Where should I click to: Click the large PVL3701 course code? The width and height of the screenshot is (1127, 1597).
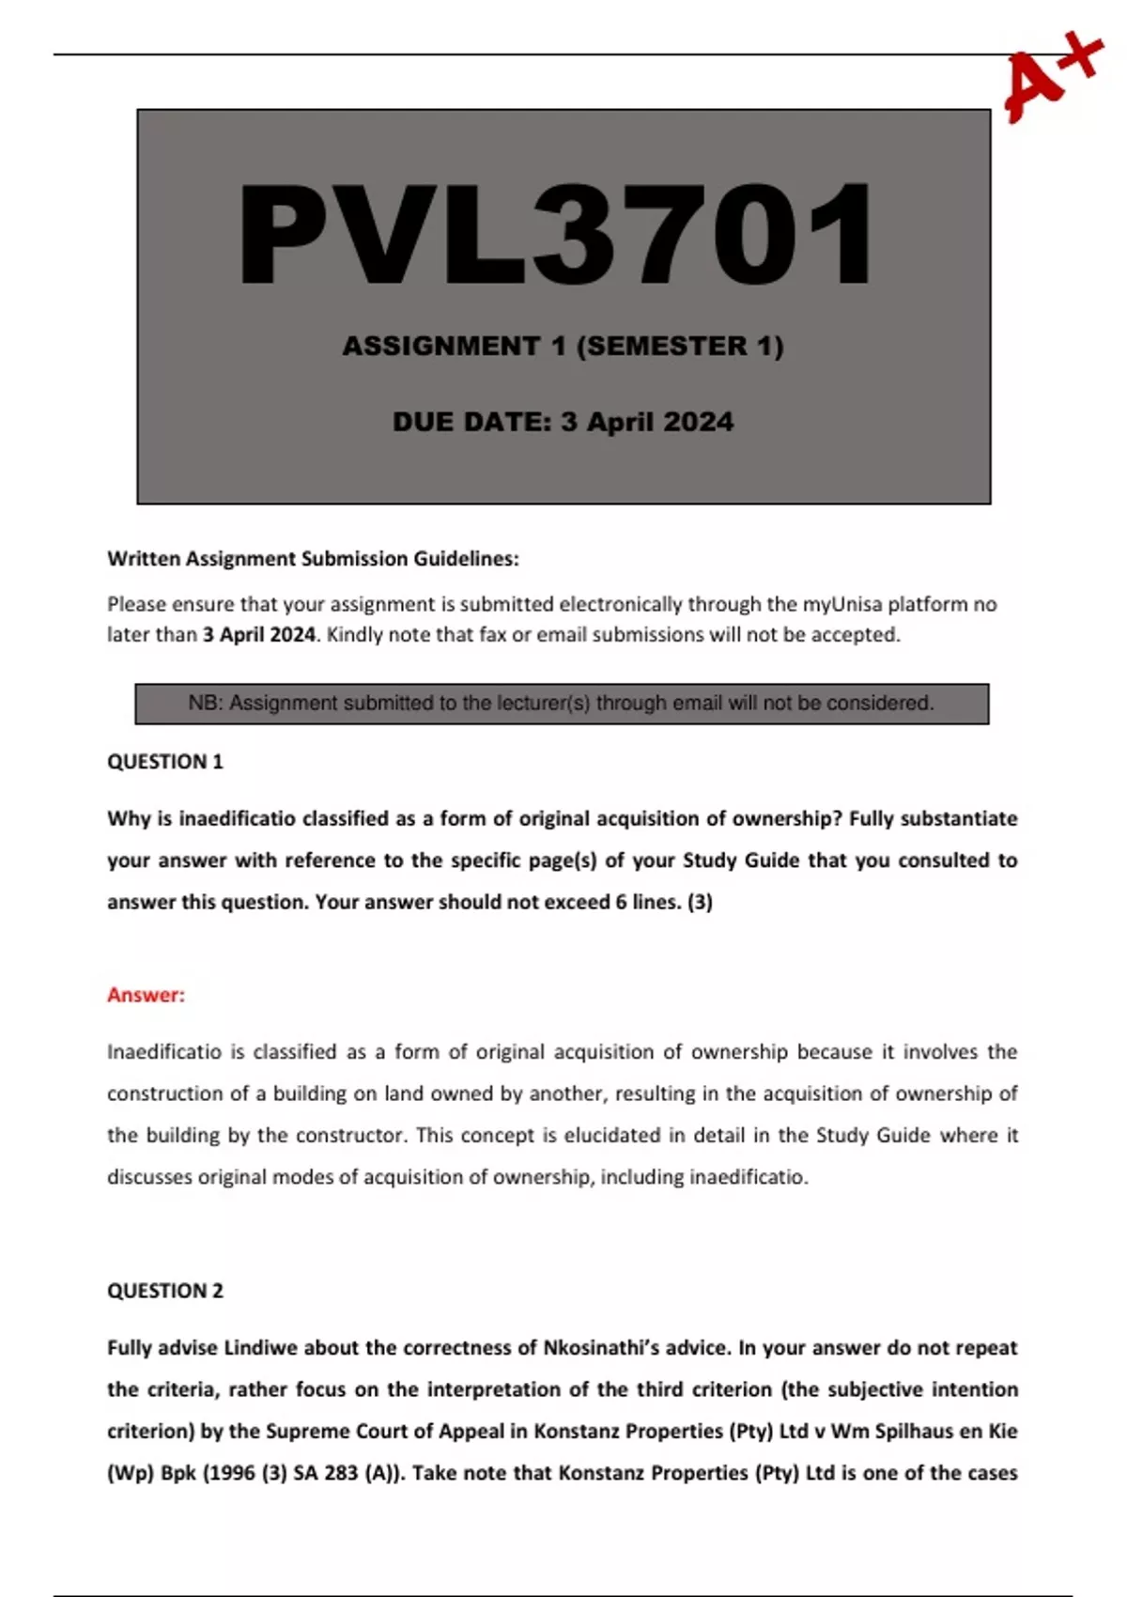pos(556,234)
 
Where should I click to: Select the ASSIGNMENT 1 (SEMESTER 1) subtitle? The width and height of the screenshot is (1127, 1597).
pos(563,346)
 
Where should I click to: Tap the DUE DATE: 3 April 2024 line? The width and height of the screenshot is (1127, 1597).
pos(563,422)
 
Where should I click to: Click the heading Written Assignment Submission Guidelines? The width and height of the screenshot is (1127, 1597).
pos(313,559)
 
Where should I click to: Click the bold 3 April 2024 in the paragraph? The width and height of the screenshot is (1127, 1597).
pos(259,635)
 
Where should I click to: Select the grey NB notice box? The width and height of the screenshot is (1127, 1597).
pos(562,704)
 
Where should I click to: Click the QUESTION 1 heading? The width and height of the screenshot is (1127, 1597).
pos(165,762)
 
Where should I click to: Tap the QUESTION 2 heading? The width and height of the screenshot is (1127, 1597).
pos(165,1291)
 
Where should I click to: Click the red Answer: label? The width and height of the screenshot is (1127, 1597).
pos(146,995)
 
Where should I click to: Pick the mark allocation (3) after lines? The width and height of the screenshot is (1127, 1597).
pos(700,903)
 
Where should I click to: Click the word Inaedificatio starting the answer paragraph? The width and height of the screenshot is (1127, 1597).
pos(164,1052)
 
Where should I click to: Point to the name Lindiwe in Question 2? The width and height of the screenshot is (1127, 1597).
pos(260,1348)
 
